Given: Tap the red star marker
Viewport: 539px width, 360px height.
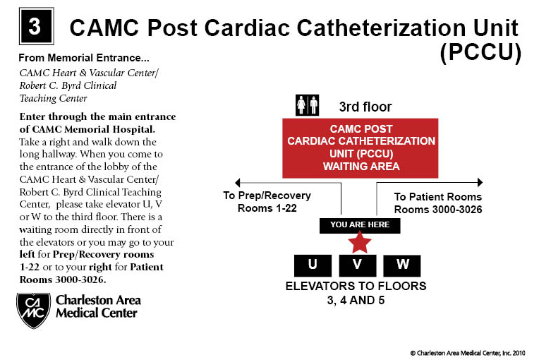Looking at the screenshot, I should (x=360, y=244).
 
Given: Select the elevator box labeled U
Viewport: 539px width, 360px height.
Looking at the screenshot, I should (x=313, y=265).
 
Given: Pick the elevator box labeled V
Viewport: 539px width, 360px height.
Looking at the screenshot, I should (x=358, y=265).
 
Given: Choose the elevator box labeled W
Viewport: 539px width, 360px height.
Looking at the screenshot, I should (x=402, y=265).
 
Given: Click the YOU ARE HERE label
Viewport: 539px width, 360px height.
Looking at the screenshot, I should (x=360, y=226).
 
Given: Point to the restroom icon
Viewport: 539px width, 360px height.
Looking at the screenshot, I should (x=308, y=105).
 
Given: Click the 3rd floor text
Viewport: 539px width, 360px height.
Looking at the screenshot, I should (x=365, y=107).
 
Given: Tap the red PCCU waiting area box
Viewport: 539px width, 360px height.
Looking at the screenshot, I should (x=361, y=148).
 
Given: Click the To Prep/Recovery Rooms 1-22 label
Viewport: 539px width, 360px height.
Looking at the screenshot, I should (x=267, y=201).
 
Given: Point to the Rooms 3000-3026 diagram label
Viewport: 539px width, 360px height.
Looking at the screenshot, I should (x=437, y=210).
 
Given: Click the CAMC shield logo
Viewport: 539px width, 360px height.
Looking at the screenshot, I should (x=33, y=309).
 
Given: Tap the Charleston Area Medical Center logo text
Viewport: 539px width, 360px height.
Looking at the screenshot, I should (x=97, y=306).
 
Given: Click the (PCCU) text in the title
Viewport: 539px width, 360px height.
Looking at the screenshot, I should (x=480, y=53).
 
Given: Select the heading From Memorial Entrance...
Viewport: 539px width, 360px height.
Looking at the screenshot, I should (x=83, y=57).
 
